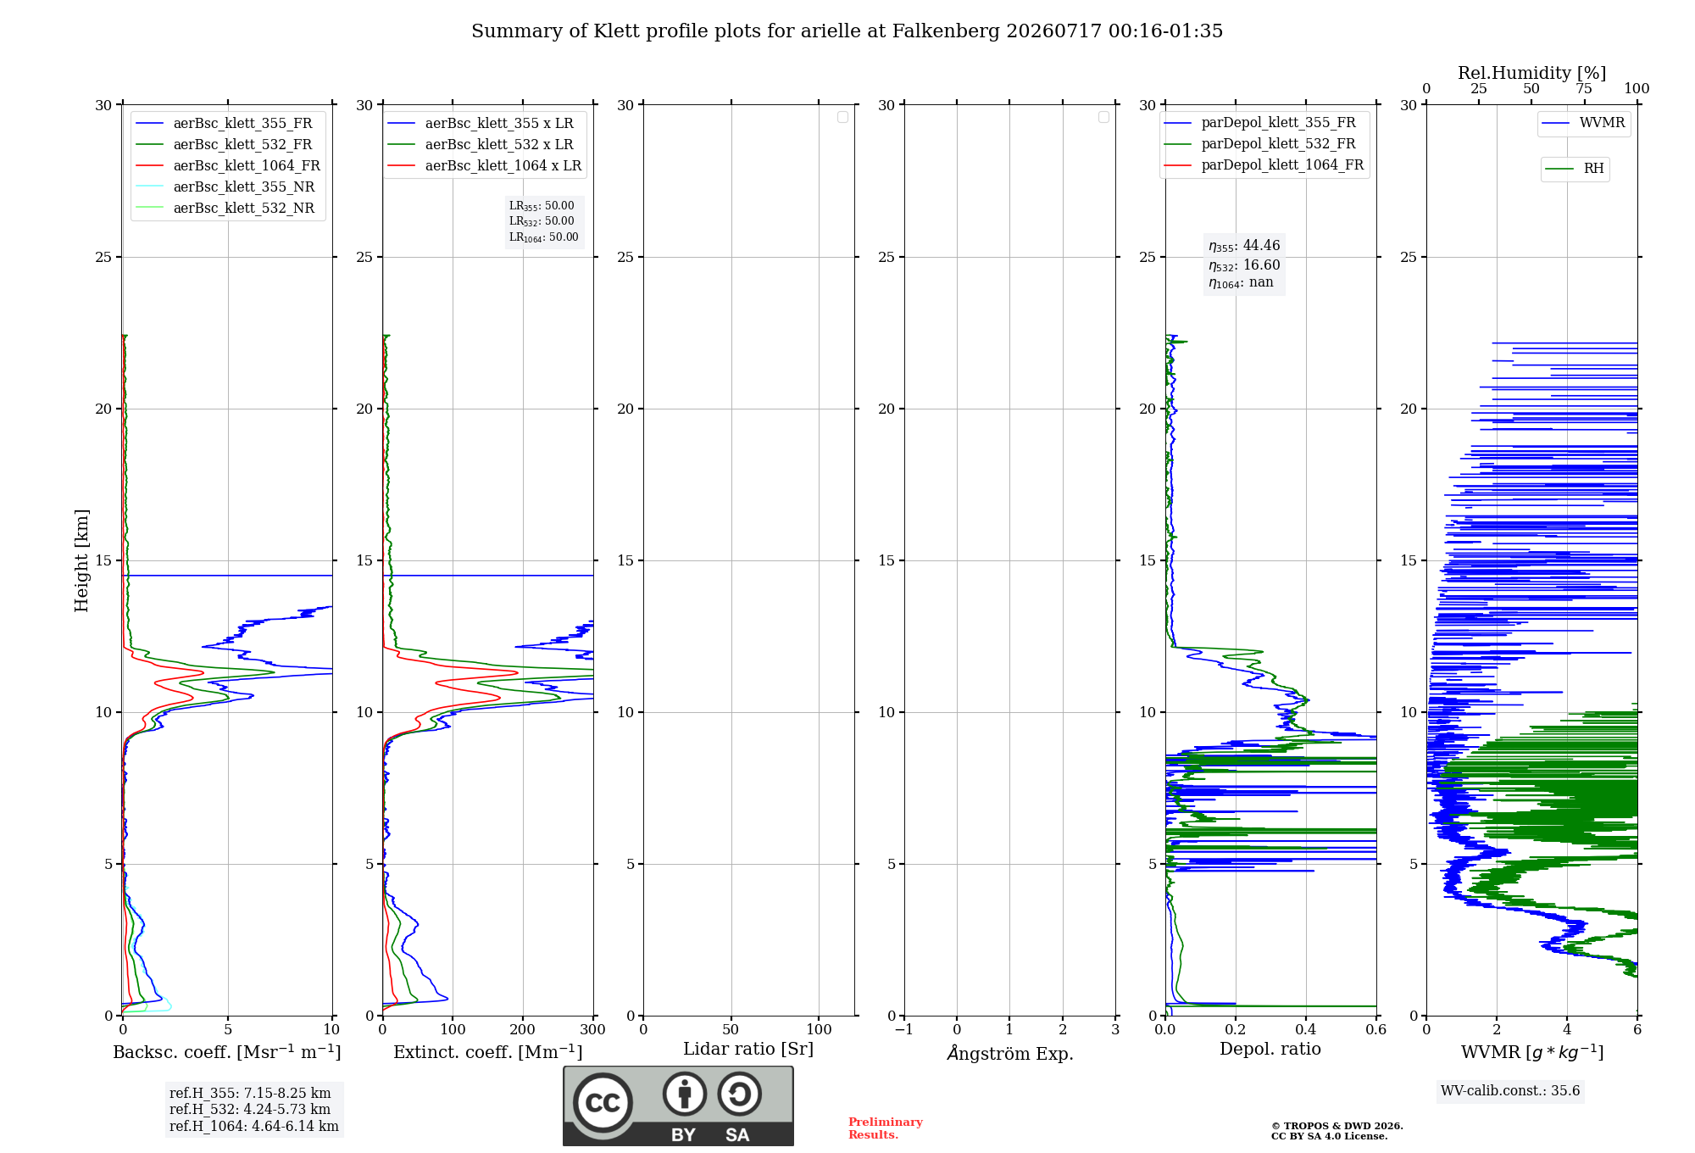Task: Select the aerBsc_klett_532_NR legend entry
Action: (x=225, y=209)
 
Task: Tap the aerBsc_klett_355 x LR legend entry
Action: (x=481, y=124)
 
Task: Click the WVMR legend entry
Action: (x=1583, y=123)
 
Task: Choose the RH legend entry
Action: (x=1575, y=169)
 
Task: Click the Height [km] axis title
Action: (x=81, y=560)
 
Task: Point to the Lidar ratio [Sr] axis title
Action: (x=748, y=1050)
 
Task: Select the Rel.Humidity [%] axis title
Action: (x=1532, y=73)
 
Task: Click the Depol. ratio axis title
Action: (x=1270, y=1049)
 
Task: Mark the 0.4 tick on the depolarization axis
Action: (x=1306, y=1029)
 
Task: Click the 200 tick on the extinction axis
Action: (x=523, y=1029)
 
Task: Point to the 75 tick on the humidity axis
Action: (x=1584, y=88)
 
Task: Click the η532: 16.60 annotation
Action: (x=1244, y=265)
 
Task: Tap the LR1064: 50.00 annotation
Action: (x=544, y=237)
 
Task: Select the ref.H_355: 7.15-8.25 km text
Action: (x=250, y=1094)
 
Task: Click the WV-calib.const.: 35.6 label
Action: (x=1510, y=1091)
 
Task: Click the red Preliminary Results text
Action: (x=886, y=1128)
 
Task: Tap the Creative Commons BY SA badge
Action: (x=678, y=1106)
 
